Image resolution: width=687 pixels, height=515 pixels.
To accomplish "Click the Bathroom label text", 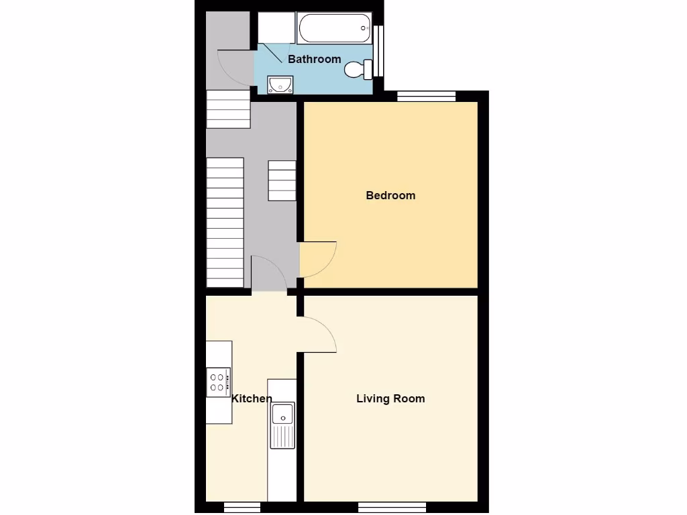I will pos(314,59).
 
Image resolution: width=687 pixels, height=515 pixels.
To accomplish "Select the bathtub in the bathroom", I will pos(334,28).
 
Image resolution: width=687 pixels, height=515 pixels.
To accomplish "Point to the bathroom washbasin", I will pos(280,84).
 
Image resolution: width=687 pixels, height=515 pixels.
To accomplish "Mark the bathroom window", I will pos(379,50).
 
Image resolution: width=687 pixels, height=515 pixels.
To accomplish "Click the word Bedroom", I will pos(390,195).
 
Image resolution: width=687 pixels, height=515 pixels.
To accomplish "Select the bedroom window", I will pos(426,97).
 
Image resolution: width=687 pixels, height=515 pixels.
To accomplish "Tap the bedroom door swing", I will pos(317,258).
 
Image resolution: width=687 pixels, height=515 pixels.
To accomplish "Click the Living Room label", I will pos(390,398).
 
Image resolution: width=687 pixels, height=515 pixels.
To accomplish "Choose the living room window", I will pos(392,506).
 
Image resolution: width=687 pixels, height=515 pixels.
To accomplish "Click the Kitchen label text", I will pos(252,398).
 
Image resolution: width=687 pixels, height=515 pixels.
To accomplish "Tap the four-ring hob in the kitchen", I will pos(219,381).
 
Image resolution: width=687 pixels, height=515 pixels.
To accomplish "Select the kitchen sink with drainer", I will pos(282,425).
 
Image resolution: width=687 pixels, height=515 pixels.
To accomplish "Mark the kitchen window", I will pos(242,506).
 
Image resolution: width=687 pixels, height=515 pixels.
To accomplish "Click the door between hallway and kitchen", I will pos(268,275).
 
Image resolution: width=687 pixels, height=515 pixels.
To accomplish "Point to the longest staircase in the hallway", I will pos(224,222).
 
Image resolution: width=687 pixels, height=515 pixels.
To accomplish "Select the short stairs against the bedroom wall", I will pos(282,180).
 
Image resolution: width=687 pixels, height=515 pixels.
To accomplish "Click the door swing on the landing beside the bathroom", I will pos(235,67).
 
